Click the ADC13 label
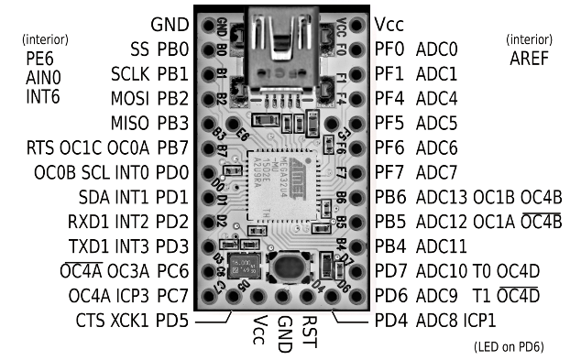(443, 197)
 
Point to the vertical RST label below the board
(310, 332)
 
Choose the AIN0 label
(43, 77)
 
